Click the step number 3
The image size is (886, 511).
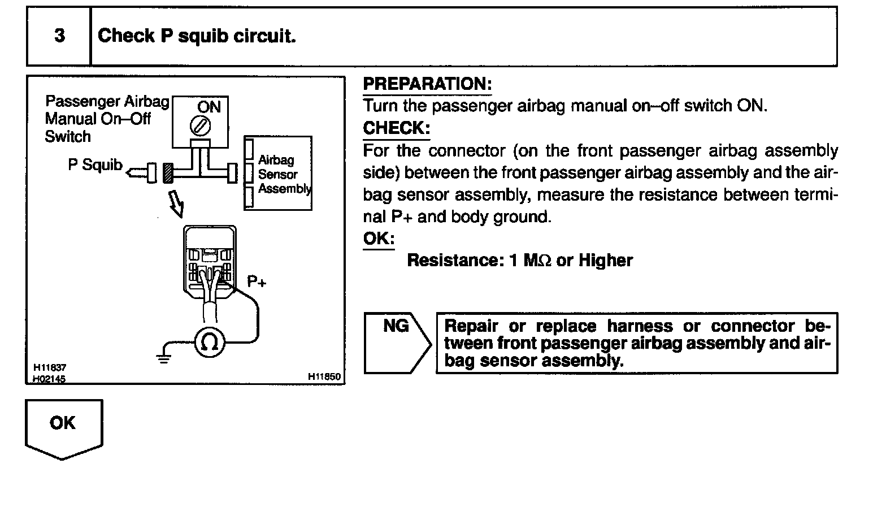click(59, 36)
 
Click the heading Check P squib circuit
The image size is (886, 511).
click(197, 36)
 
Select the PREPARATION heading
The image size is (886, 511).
click(427, 84)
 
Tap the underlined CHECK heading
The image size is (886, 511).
click(396, 128)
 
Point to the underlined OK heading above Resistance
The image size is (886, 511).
click(378, 238)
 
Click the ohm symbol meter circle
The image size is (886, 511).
click(210, 342)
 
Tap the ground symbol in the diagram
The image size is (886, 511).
click(164, 355)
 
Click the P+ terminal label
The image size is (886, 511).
click(256, 281)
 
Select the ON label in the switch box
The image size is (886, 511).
click(209, 107)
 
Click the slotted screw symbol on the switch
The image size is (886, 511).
click(200, 125)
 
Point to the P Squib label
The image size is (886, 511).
click(95, 165)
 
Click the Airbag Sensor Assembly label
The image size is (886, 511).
click(283, 174)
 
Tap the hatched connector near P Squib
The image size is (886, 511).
click(168, 173)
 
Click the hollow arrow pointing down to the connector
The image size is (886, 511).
click(177, 203)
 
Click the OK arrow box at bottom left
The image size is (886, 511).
click(63, 427)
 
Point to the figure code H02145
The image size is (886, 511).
click(49, 379)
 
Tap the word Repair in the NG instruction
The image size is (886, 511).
click(471, 326)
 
